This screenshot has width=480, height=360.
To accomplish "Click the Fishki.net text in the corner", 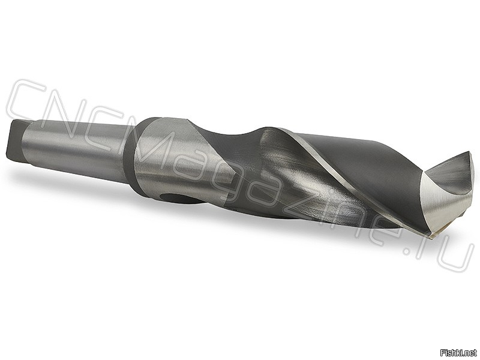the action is point(458,352).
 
